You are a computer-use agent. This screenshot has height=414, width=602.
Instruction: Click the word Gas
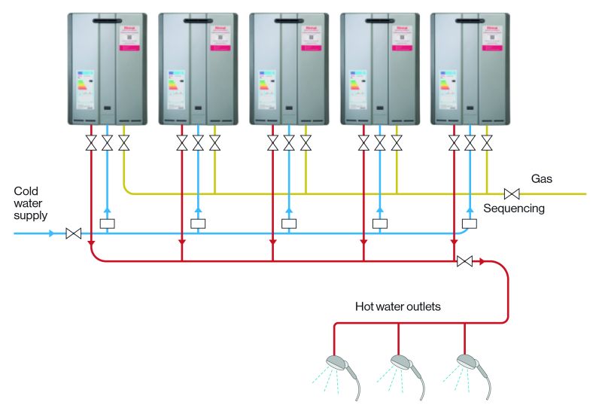click(x=542, y=179)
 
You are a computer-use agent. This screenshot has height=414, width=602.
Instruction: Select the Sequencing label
click(x=514, y=208)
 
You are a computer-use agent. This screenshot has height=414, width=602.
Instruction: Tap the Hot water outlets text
click(x=398, y=307)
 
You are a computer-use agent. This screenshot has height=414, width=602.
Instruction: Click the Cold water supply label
click(x=30, y=203)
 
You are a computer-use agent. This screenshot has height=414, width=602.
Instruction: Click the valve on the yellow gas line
click(x=512, y=193)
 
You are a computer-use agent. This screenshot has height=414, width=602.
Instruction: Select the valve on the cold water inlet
click(x=74, y=234)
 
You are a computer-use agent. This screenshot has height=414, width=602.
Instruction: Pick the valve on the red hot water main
click(x=465, y=261)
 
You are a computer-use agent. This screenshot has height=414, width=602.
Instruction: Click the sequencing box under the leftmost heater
click(x=107, y=223)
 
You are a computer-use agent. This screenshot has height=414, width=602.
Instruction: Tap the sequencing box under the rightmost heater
click(x=470, y=223)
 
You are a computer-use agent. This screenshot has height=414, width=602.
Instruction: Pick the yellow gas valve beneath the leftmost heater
click(x=123, y=142)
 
